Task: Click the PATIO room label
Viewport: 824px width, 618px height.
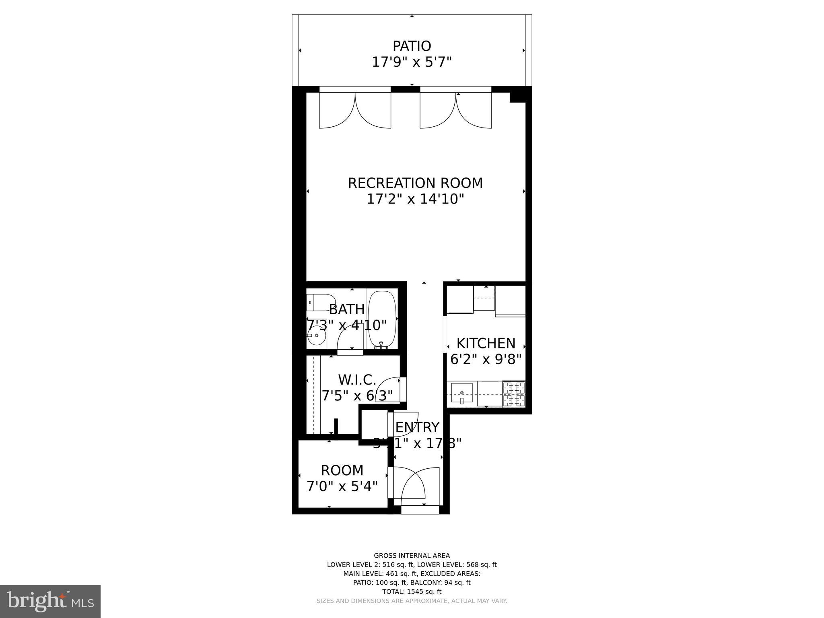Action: tap(412, 46)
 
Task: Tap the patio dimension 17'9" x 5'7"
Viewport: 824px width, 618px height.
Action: tap(412, 62)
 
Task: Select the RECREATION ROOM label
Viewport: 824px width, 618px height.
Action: tap(415, 183)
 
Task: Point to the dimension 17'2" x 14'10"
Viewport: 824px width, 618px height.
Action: tap(415, 199)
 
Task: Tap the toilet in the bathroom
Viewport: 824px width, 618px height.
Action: tap(320, 303)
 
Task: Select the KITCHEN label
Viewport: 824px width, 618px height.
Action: tap(486, 343)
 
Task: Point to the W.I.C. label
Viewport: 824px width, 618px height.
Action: tap(357, 379)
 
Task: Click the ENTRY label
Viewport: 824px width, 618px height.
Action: tap(417, 427)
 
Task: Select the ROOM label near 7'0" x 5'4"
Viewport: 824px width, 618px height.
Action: tap(342, 470)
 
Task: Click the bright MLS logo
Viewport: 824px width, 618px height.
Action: tap(50, 601)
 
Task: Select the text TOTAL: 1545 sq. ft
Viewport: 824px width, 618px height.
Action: tap(412, 591)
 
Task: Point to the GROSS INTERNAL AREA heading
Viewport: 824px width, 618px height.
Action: tap(412, 556)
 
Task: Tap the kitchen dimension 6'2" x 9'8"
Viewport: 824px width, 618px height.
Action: tap(486, 359)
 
